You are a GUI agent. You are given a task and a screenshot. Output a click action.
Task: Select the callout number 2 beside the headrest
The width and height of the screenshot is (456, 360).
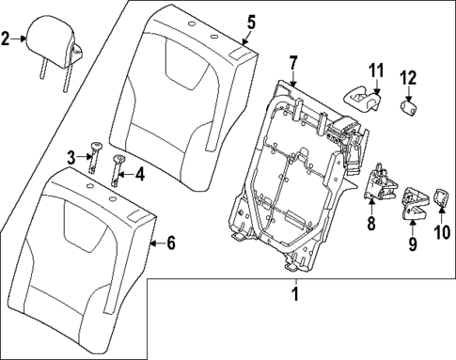(7, 39)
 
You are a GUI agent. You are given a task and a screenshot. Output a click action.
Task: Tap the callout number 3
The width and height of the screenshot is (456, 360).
(70, 155)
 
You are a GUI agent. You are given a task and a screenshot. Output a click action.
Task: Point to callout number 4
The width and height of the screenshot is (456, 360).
(140, 173)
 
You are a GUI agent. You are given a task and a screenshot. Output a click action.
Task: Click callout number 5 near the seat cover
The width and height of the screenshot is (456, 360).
(250, 21)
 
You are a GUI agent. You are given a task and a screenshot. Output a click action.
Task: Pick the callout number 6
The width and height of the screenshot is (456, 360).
(170, 243)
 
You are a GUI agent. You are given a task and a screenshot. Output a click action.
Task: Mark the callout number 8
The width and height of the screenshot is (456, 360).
(371, 224)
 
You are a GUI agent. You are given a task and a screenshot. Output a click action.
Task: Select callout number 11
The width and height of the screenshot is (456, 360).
(376, 70)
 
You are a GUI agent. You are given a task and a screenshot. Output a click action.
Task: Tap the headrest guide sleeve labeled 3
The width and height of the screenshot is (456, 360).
(95, 152)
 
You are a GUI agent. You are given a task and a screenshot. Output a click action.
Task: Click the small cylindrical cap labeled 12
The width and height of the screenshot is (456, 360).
(410, 108)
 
